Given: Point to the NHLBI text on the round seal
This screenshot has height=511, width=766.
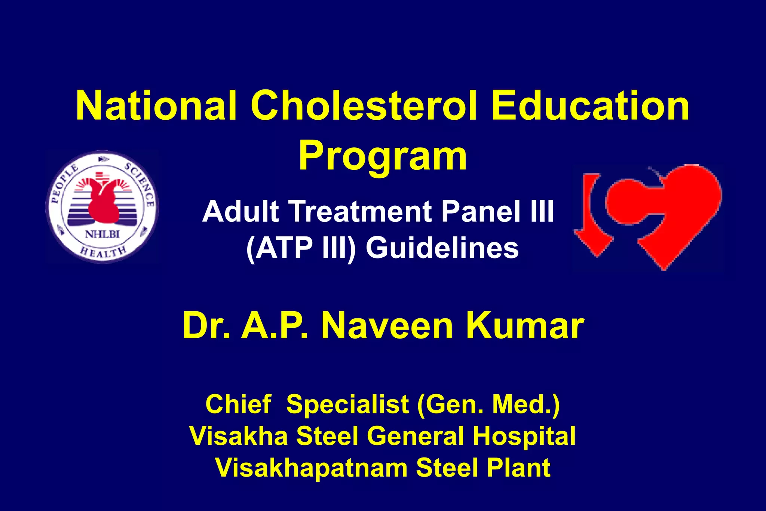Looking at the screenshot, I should tap(102, 235).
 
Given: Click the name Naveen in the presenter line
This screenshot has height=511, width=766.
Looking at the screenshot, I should tap(387, 326).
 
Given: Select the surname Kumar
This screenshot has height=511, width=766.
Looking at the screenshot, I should tap(525, 326).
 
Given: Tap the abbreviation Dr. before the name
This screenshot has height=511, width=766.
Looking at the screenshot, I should tap(206, 326).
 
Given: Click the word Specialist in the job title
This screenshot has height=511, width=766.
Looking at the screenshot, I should tap(347, 404).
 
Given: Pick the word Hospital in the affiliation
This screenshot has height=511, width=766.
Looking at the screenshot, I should tap(524, 436).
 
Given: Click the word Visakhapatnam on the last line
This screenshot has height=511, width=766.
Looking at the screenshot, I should tap(311, 468).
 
